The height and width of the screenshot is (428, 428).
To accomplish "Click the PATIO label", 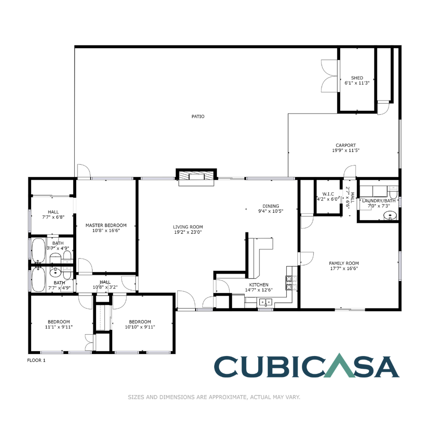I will [x=198, y=117].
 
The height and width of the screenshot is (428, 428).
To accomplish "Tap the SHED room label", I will [x=357, y=78].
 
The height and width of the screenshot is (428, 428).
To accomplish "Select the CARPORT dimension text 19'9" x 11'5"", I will [x=346, y=151].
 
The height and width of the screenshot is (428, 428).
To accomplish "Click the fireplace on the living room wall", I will [x=196, y=176].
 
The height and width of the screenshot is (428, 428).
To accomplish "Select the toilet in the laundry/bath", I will [x=393, y=194].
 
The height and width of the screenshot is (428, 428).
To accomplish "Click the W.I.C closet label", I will [x=328, y=194].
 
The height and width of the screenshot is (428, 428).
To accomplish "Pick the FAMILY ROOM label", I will [x=344, y=264].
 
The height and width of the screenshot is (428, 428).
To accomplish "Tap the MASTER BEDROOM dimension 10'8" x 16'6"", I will [x=106, y=231].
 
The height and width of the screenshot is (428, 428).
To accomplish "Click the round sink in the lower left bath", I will [x=55, y=273].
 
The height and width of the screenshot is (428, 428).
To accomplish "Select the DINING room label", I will [x=271, y=206].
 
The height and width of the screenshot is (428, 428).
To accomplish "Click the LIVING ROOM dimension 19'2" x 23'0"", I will [x=188, y=232].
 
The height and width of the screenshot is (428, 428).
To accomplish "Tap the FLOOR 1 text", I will [x=36, y=360].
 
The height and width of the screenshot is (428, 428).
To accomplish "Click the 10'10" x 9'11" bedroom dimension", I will [x=140, y=327].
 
